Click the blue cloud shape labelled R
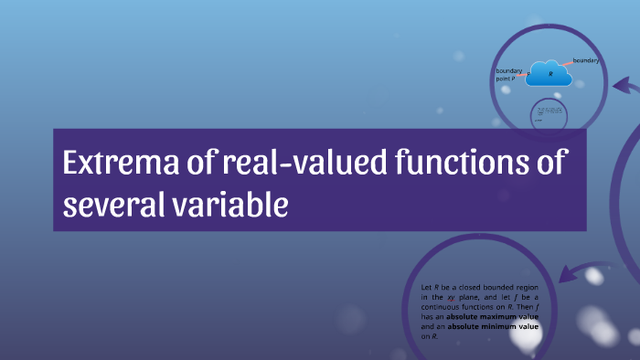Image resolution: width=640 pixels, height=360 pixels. (549, 74)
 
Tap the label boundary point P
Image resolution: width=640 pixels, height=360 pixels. (509, 75)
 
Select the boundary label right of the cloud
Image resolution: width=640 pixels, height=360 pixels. (586, 60)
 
